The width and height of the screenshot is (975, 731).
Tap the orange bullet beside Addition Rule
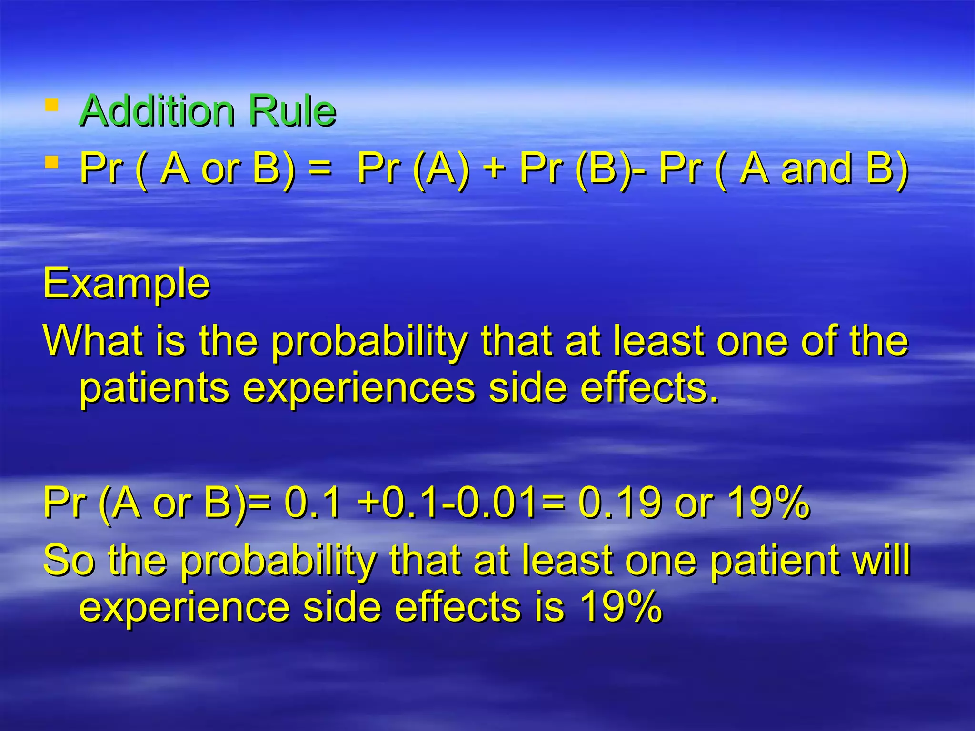(x=51, y=104)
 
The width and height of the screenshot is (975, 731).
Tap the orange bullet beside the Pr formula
(x=51, y=163)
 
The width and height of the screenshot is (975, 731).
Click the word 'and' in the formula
(x=816, y=169)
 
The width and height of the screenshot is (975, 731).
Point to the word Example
(x=127, y=284)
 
